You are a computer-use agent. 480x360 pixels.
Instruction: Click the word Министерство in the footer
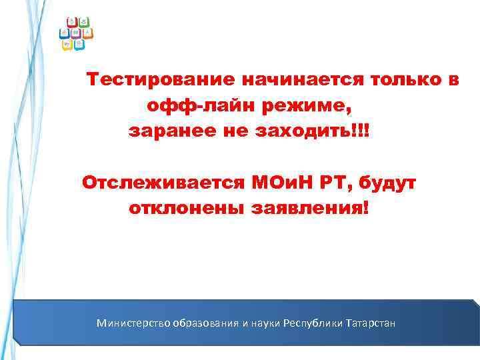point(133,323)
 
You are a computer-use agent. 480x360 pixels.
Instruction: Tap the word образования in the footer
point(206,323)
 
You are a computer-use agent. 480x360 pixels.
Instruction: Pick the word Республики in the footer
point(313,323)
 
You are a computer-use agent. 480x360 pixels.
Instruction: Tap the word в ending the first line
point(451,81)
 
